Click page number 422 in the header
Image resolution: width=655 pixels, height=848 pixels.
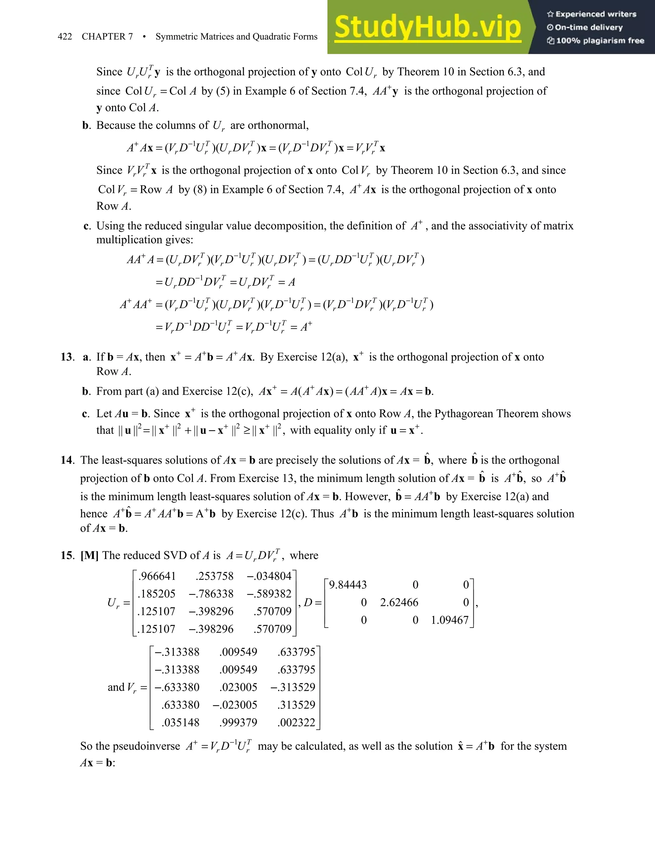click(65, 36)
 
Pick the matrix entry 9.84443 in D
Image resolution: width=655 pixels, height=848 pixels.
click(348, 585)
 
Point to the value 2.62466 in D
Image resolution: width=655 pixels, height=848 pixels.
click(399, 602)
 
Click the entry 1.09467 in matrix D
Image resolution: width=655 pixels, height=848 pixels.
click(450, 620)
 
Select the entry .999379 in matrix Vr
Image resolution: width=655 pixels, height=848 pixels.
click(238, 722)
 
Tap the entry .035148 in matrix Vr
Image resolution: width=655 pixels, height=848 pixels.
click(180, 722)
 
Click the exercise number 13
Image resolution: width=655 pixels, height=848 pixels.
click(67, 357)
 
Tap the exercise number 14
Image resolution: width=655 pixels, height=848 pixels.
click(67, 460)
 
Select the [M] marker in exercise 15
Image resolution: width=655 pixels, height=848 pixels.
click(90, 555)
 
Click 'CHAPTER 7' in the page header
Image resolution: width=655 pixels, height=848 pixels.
click(107, 36)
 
